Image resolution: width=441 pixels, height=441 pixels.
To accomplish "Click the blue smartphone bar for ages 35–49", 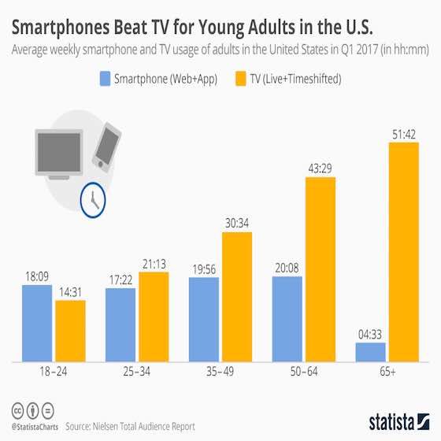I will click(x=205, y=319).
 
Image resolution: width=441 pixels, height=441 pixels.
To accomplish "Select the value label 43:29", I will click(x=321, y=169).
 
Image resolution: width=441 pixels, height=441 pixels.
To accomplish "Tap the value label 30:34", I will click(x=237, y=224).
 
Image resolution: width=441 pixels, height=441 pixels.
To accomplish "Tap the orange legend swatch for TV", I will click(x=240, y=80).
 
